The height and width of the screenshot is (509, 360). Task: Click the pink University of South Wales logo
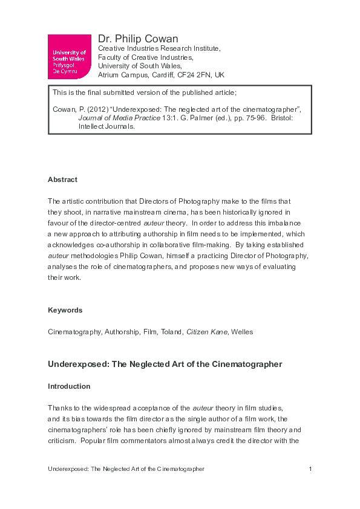(x=70, y=57)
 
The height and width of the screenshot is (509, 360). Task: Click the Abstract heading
(x=62, y=180)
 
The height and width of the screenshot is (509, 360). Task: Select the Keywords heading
(x=65, y=310)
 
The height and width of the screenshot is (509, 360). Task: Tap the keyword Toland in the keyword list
(x=173, y=332)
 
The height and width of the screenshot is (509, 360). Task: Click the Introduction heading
(x=69, y=386)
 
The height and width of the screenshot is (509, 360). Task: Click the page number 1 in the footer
(x=310, y=469)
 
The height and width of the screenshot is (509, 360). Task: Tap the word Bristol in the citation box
(x=281, y=118)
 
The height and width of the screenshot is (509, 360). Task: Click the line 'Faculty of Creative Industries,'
(x=145, y=57)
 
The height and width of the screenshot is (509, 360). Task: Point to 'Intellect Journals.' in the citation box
(x=106, y=127)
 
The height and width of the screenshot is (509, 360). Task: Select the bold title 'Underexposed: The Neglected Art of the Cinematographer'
(x=165, y=364)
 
